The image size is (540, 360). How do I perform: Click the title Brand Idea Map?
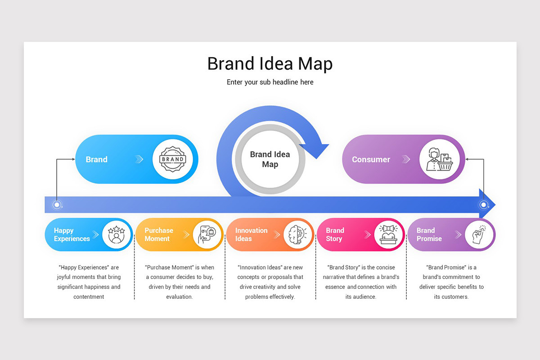(270, 63)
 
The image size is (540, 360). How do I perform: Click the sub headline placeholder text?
(270, 82)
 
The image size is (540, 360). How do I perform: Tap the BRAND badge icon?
(172, 159)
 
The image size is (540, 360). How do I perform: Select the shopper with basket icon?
(439, 159)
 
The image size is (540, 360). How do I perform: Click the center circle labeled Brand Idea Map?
(270, 159)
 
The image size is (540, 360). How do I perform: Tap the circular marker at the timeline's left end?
(57, 205)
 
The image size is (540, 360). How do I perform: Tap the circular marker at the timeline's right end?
(483, 205)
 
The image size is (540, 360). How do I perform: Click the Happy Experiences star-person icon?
(117, 234)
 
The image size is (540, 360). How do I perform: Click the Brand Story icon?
(388, 234)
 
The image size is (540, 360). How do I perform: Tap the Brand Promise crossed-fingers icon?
(479, 234)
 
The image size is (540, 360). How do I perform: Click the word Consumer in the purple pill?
(371, 159)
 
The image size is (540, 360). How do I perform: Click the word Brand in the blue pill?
(97, 159)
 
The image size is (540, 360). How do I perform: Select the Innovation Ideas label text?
(251, 234)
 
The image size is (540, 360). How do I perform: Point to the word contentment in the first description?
(89, 297)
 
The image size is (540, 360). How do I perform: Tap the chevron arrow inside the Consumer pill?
(406, 159)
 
